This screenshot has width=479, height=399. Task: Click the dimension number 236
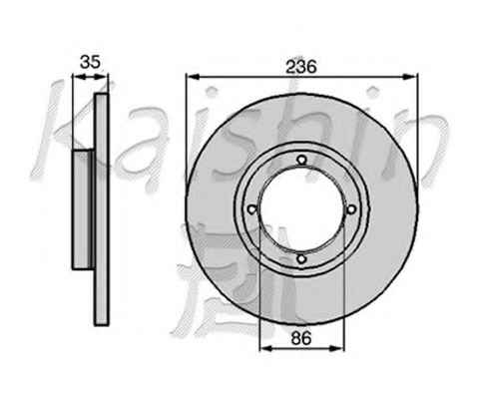[x=301, y=67]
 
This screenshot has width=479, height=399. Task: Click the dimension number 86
[x=301, y=338]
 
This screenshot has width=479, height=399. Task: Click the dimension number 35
[x=90, y=62]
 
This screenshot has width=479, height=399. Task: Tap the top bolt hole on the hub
[x=301, y=160]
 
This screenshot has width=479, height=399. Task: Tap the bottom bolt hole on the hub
[x=301, y=259]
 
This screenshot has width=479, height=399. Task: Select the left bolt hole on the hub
[x=252, y=209]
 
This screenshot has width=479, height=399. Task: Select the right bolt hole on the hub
[x=351, y=209]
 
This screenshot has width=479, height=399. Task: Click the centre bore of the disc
[x=301, y=209]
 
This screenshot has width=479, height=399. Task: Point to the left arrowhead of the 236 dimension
[x=193, y=77]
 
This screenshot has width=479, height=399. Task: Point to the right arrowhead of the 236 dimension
[x=410, y=77]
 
